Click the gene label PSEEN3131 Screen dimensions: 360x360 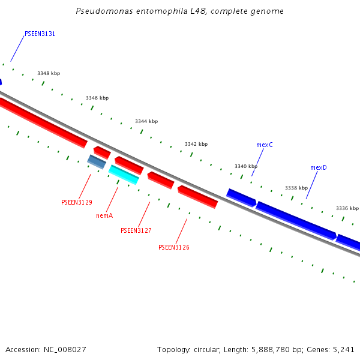[40, 34]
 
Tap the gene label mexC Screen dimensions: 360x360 [265, 145]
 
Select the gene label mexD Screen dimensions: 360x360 [319, 167]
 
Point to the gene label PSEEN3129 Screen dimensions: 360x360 [77, 202]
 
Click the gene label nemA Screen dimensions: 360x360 [104, 215]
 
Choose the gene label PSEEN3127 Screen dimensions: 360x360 [136, 230]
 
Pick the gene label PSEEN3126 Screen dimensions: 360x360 [174, 247]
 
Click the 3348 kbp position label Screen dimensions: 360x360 [49, 73]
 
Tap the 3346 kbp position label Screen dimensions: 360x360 [97, 98]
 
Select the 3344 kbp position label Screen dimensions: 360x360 [146, 121]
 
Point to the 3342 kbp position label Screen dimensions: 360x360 [196, 144]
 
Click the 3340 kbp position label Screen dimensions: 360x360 [246, 166]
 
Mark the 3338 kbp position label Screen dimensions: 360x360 [296, 188]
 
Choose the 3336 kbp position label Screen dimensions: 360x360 [347, 208]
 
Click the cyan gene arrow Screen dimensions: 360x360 [124, 175]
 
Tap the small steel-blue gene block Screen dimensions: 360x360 [97, 161]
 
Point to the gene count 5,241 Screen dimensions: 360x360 [343, 349]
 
